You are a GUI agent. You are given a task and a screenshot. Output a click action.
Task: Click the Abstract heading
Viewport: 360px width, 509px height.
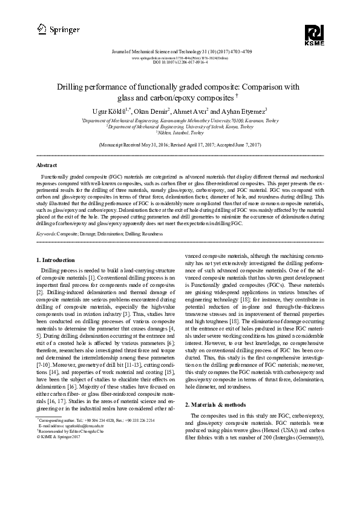point(47,165)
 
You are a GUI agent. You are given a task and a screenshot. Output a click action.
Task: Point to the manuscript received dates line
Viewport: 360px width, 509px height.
point(180,146)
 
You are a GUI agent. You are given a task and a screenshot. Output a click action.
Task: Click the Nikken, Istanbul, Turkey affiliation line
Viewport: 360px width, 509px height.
point(180,133)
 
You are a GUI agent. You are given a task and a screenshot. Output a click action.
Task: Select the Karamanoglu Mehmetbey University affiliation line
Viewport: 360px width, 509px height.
point(180,121)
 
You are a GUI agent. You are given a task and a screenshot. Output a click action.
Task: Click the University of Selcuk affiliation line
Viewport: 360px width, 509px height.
point(180,127)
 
